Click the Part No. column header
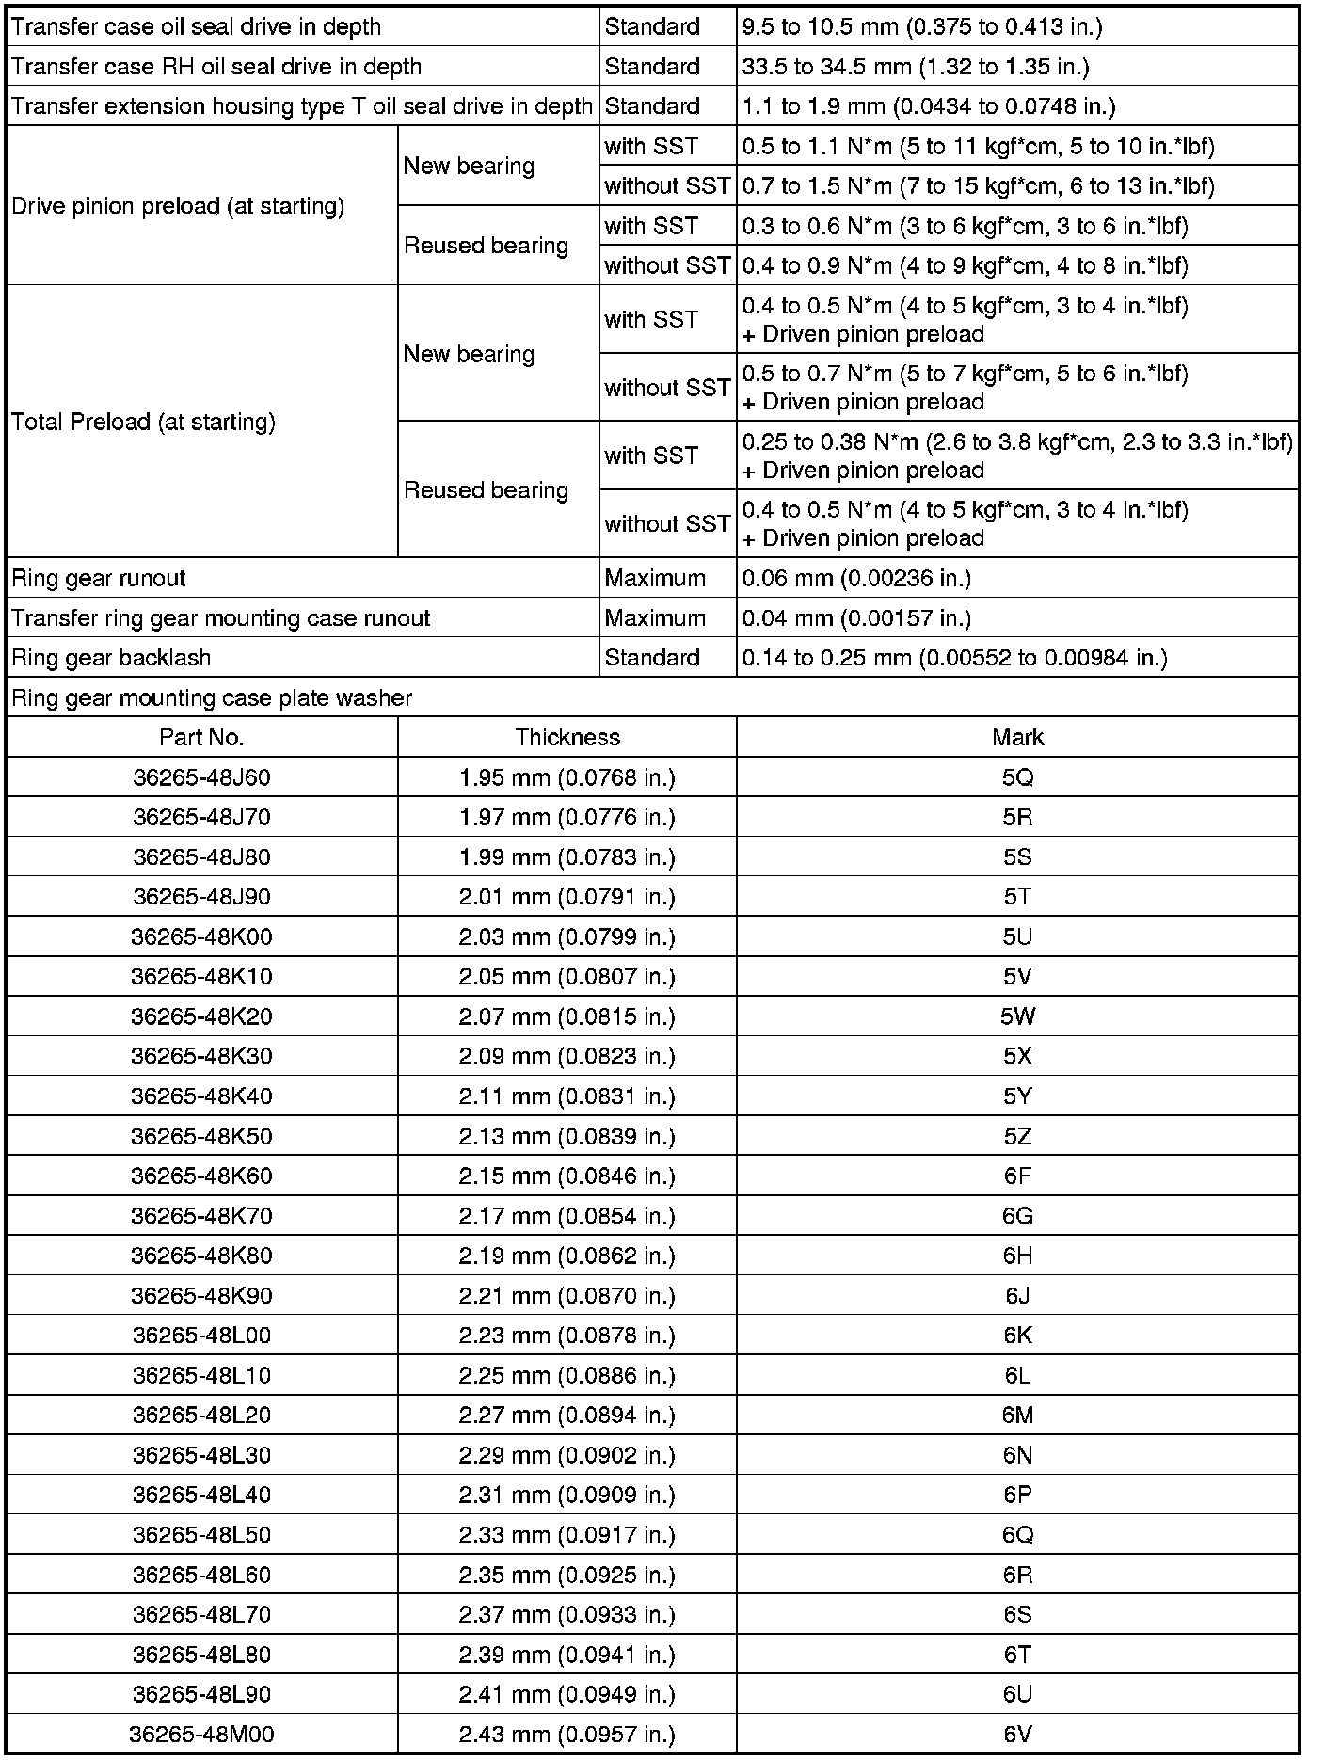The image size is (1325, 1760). [201, 737]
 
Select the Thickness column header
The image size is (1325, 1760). [567, 737]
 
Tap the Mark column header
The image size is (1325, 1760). [1017, 737]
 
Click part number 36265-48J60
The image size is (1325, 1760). [201, 777]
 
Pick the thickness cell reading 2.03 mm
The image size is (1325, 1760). [567, 936]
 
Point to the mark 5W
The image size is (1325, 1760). [1017, 1016]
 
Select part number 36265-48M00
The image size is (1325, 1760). [201, 1734]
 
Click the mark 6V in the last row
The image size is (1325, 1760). [1017, 1734]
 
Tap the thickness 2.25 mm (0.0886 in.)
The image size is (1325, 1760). [567, 1375]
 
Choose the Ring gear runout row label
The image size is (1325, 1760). [99, 578]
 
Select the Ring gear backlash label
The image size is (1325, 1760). [111, 658]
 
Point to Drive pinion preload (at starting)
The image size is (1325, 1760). [178, 206]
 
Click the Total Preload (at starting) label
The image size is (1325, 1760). [143, 422]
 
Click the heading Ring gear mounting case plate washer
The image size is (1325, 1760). [212, 697]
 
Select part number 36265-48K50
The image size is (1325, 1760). [201, 1136]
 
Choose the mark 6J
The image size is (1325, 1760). [1017, 1295]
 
